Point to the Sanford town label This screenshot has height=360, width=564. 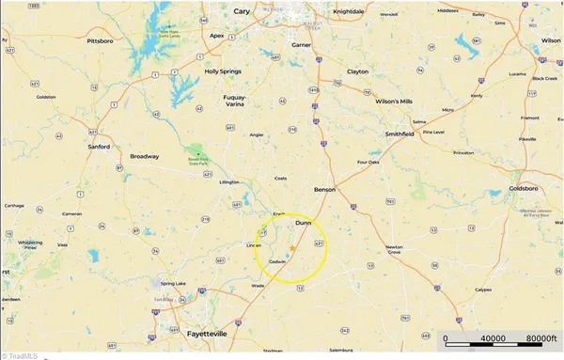coord(99,147)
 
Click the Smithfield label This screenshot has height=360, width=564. coord(399,133)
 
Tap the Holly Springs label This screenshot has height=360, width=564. coord(225,71)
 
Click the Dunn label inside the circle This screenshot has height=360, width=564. coord(303,225)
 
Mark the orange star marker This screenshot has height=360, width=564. coord(292,248)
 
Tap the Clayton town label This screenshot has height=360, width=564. coord(357,71)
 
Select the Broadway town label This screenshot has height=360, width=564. coord(144,156)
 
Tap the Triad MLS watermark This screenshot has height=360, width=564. coord(20,354)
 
